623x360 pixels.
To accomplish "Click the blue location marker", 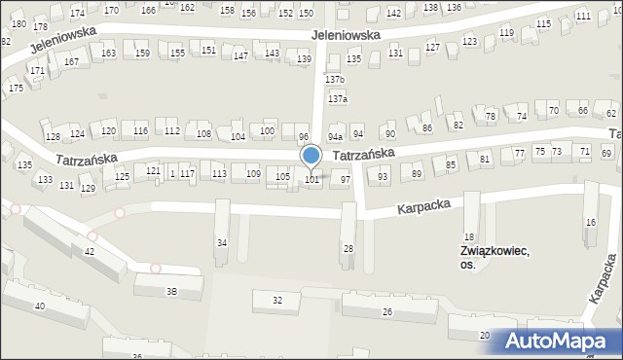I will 311,156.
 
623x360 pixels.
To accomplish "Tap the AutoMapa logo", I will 561,342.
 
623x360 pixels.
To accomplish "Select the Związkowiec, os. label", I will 495,257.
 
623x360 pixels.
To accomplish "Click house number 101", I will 312,179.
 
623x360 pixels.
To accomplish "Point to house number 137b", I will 335,79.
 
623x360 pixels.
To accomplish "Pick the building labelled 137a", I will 338,99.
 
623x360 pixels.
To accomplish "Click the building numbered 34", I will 222,242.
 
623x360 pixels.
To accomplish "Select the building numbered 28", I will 348,249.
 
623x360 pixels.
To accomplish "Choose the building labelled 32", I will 277,301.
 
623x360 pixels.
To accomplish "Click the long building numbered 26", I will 387,311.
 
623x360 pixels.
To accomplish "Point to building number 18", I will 468,236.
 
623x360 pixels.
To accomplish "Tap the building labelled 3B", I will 171,290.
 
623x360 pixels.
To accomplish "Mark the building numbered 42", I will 90,252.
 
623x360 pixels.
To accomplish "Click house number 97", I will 345,180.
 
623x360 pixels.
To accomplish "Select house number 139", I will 304,60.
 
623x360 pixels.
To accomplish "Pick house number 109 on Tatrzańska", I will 252,174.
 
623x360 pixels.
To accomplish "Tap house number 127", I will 432,48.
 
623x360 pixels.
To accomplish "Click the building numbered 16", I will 590,223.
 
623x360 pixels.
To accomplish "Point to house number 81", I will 484,159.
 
